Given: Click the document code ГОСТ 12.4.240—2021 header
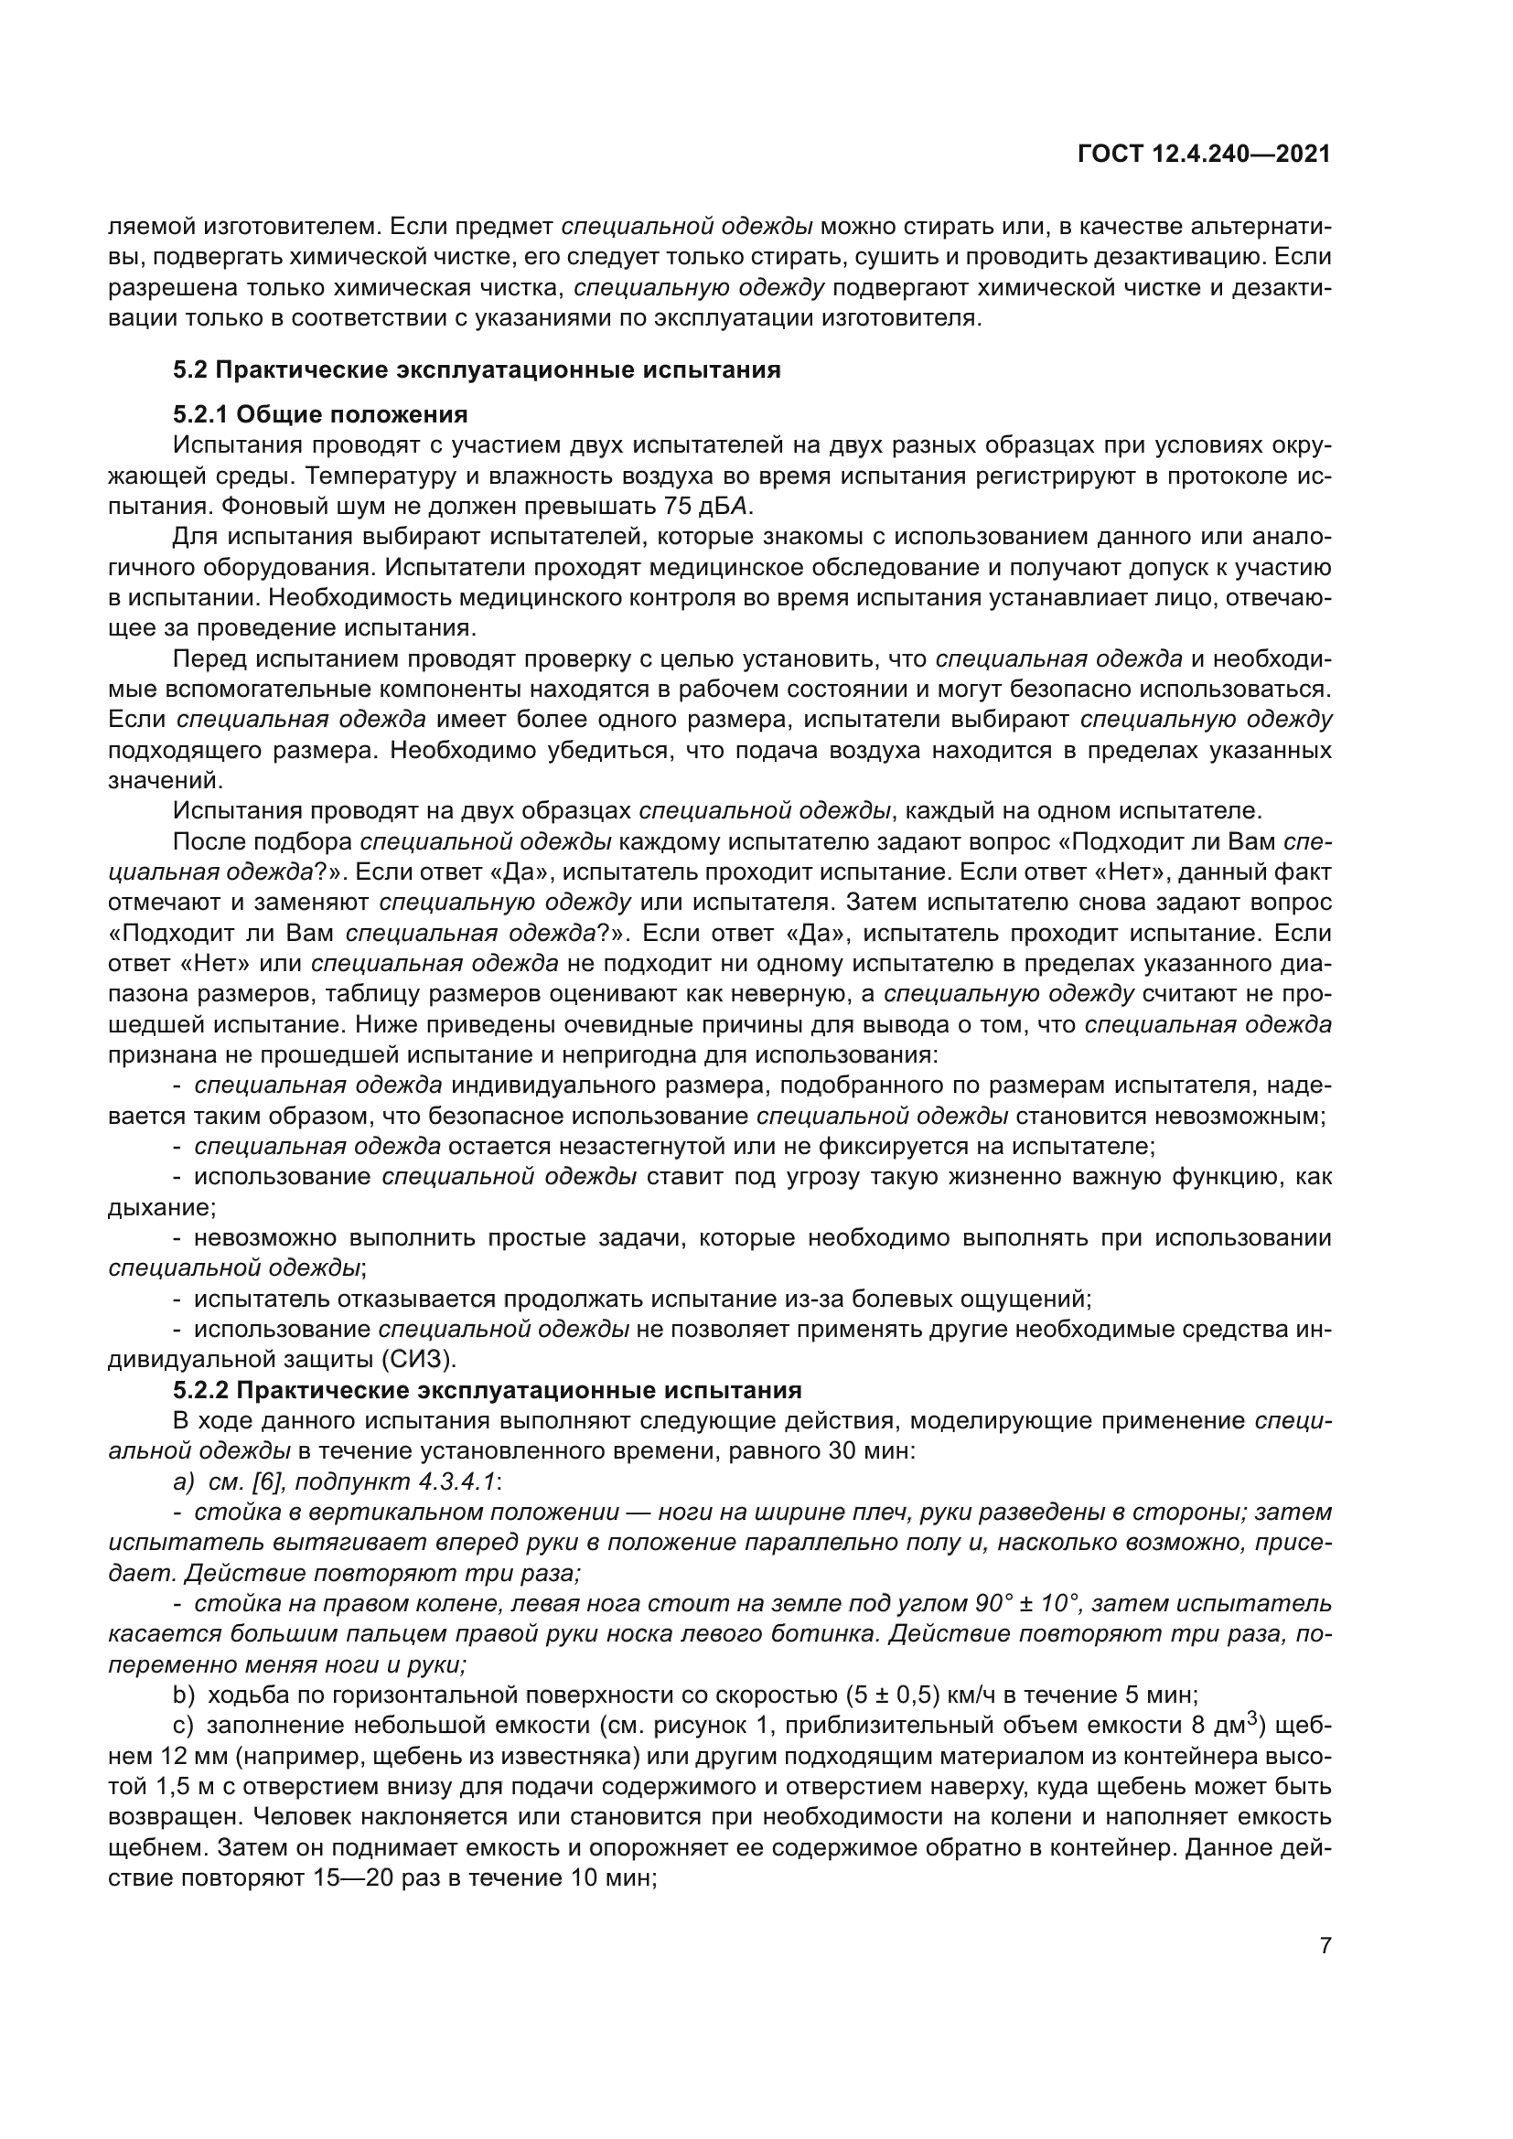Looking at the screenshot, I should point(1204,155).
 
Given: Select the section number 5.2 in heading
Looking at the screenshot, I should point(191,369).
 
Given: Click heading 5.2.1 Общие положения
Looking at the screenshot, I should point(320,413).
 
